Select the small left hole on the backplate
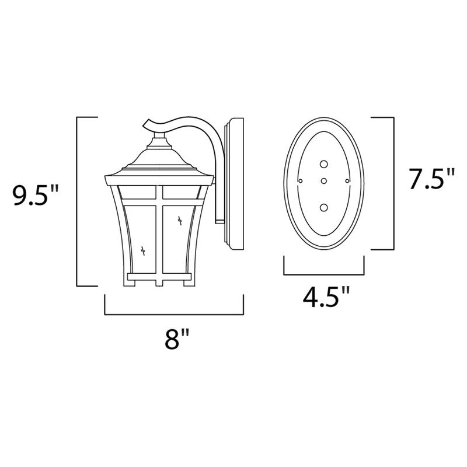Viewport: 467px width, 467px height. click(x=300, y=182)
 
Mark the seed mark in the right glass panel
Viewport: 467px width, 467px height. click(x=179, y=220)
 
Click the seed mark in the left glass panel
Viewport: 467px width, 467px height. click(x=144, y=249)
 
